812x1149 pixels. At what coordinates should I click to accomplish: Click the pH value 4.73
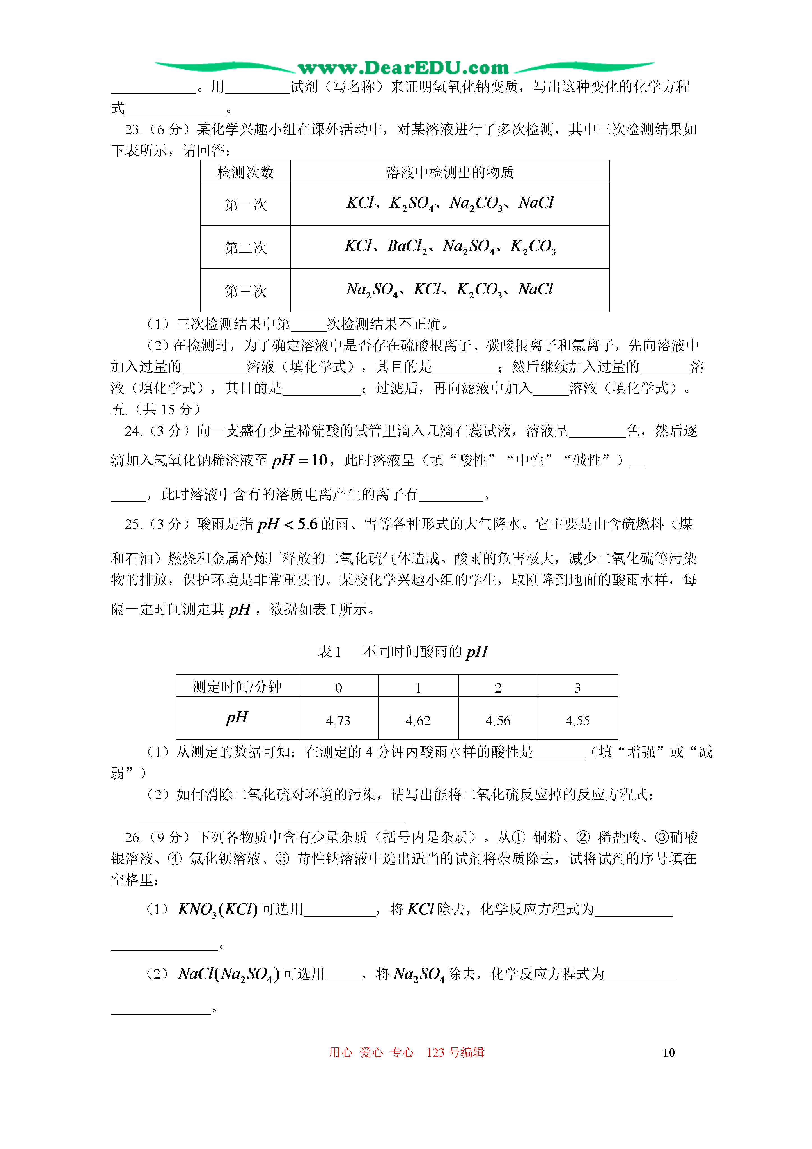click(338, 721)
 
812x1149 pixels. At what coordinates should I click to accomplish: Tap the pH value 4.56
click(498, 721)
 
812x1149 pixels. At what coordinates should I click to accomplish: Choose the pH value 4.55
click(577, 721)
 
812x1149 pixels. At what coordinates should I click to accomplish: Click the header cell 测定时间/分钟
click(237, 687)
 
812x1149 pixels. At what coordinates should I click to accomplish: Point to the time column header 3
click(577, 687)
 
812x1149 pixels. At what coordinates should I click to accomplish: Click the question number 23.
click(133, 130)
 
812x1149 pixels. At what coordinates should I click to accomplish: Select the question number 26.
click(133, 837)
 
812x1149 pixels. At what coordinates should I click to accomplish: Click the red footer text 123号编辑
click(455, 1052)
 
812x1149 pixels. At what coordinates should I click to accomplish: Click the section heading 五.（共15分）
click(156, 409)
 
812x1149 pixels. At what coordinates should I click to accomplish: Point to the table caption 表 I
click(329, 652)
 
